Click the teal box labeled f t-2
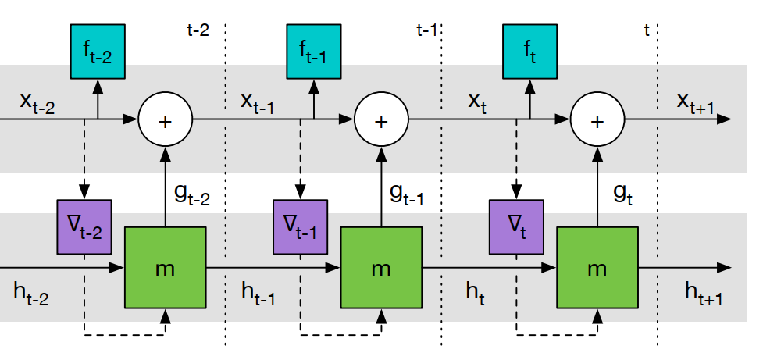click(98, 52)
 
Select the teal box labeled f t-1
click(314, 52)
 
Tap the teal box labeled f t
click(529, 52)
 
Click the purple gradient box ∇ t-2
click(85, 227)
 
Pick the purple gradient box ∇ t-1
click(301, 227)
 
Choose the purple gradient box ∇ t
click(516, 227)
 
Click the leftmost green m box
click(165, 268)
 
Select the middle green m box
click(381, 268)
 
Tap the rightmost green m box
click(597, 268)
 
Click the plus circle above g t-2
click(165, 120)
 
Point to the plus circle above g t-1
click(381, 120)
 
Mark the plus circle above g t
click(597, 120)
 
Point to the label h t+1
click(703, 293)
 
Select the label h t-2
click(31, 293)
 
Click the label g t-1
click(407, 194)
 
